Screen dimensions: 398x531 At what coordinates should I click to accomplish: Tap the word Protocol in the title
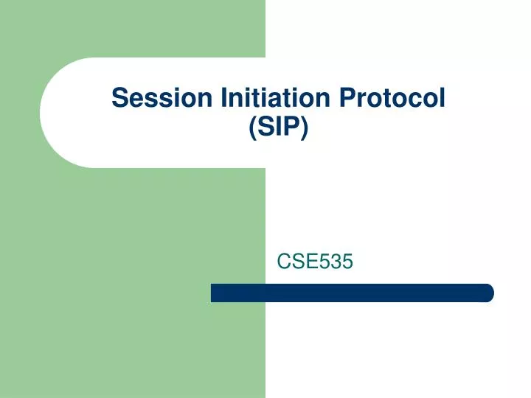[x=399, y=97]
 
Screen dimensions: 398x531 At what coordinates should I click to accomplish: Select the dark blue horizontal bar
[x=352, y=293]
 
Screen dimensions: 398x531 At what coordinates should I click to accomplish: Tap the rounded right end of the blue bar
[x=489, y=293]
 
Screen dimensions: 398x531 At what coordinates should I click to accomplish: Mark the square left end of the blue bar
[x=214, y=293]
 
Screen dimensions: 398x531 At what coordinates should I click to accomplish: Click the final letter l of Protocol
[x=442, y=97]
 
